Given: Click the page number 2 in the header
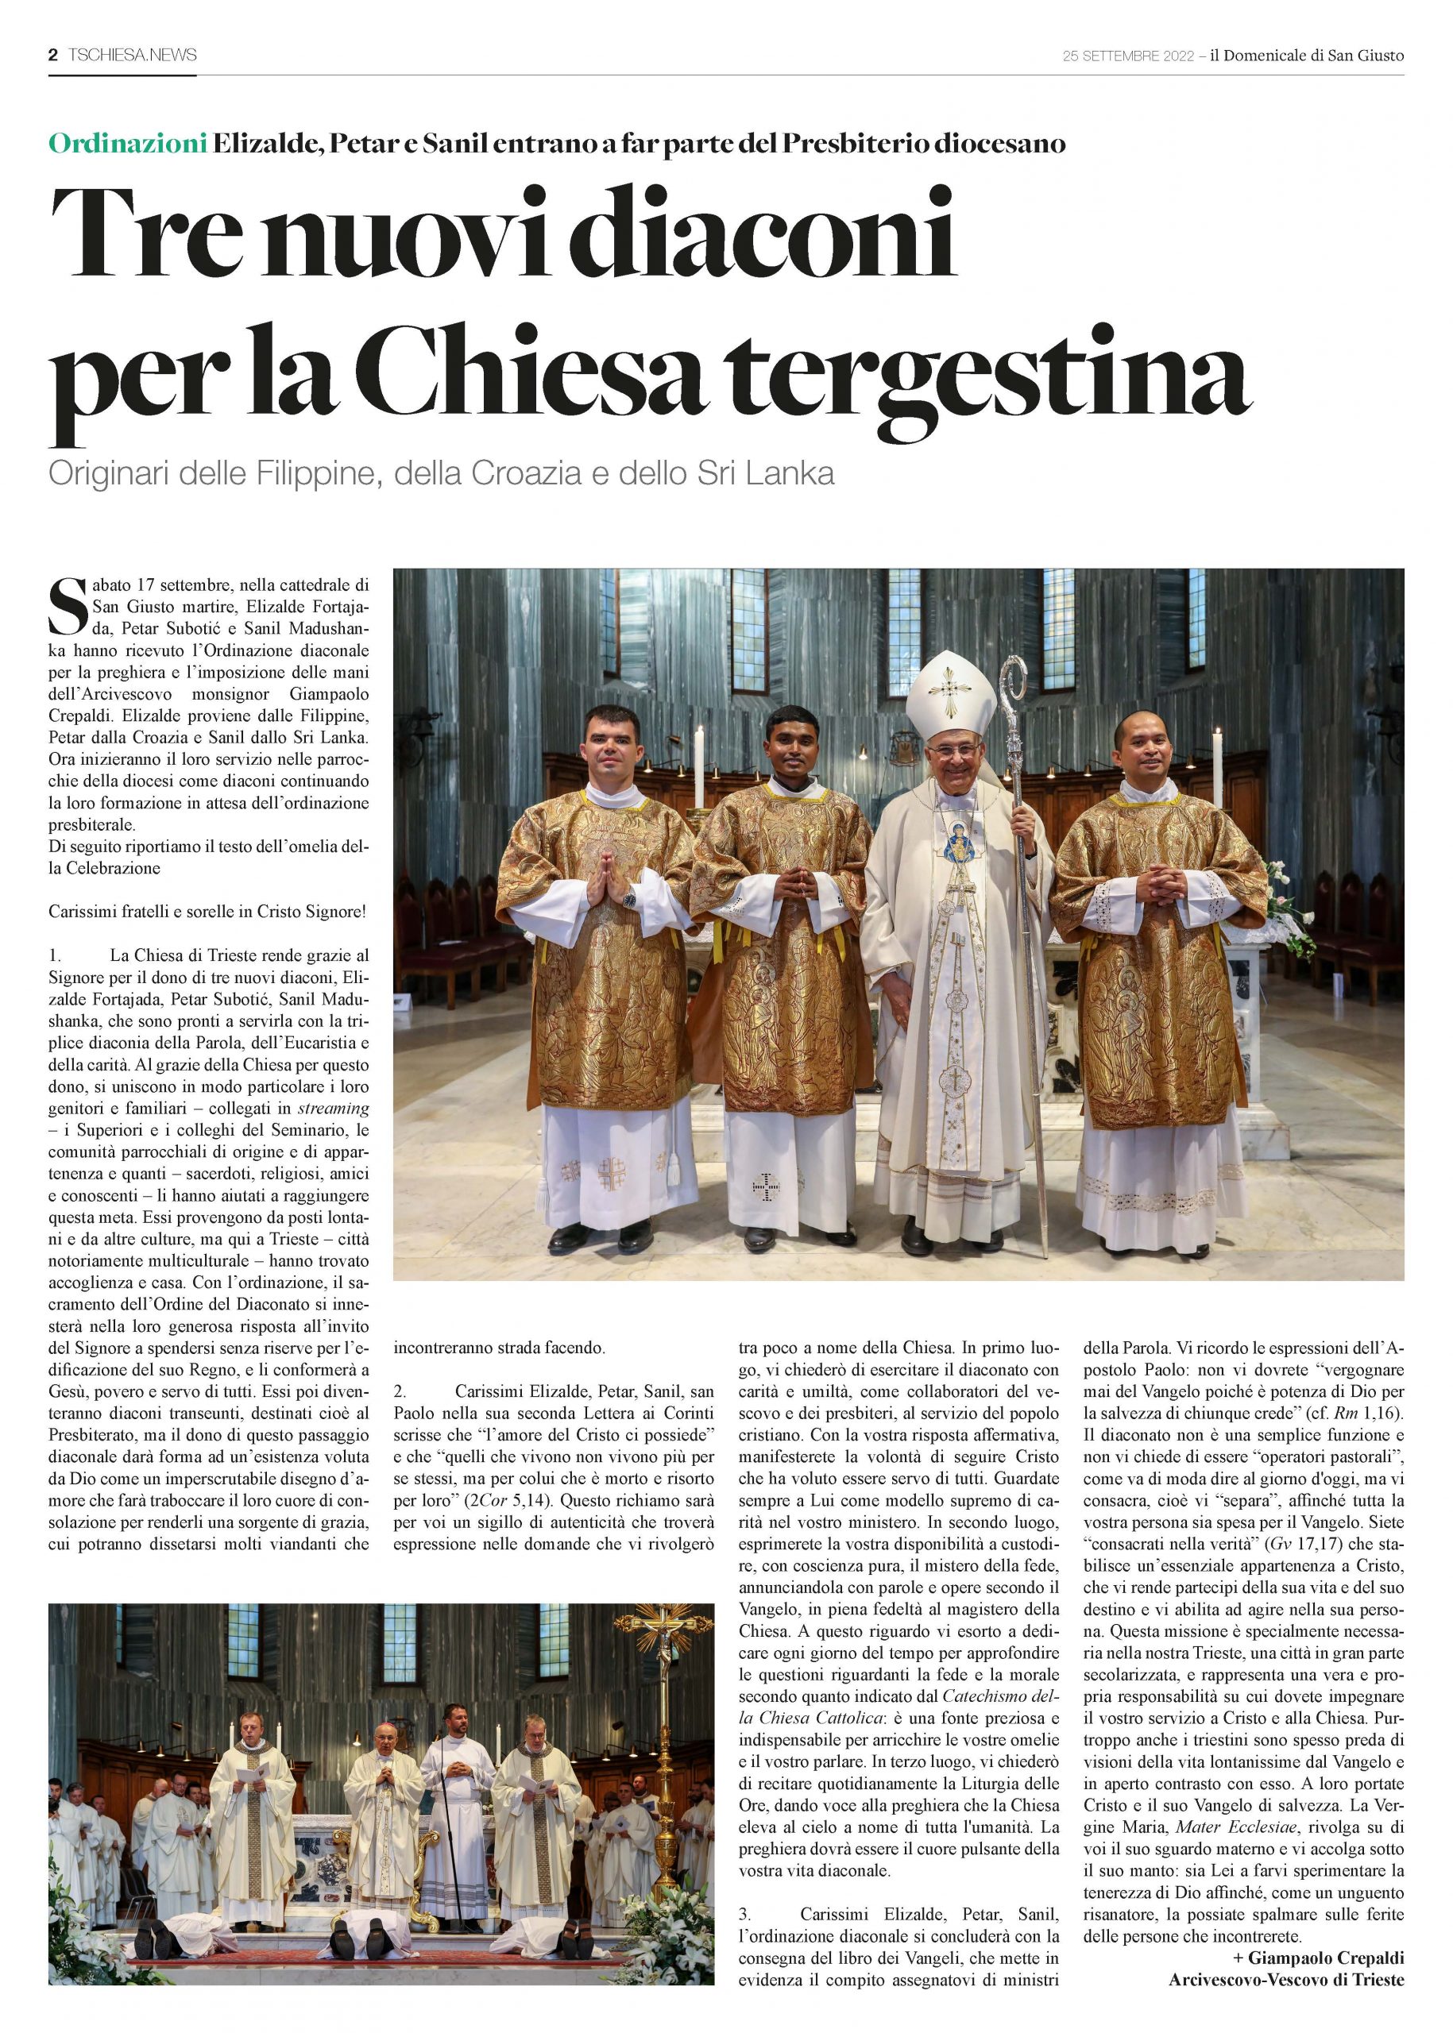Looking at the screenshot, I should click(52, 55).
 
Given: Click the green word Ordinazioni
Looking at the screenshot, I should click(127, 143).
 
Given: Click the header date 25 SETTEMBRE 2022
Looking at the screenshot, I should click(1127, 56).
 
